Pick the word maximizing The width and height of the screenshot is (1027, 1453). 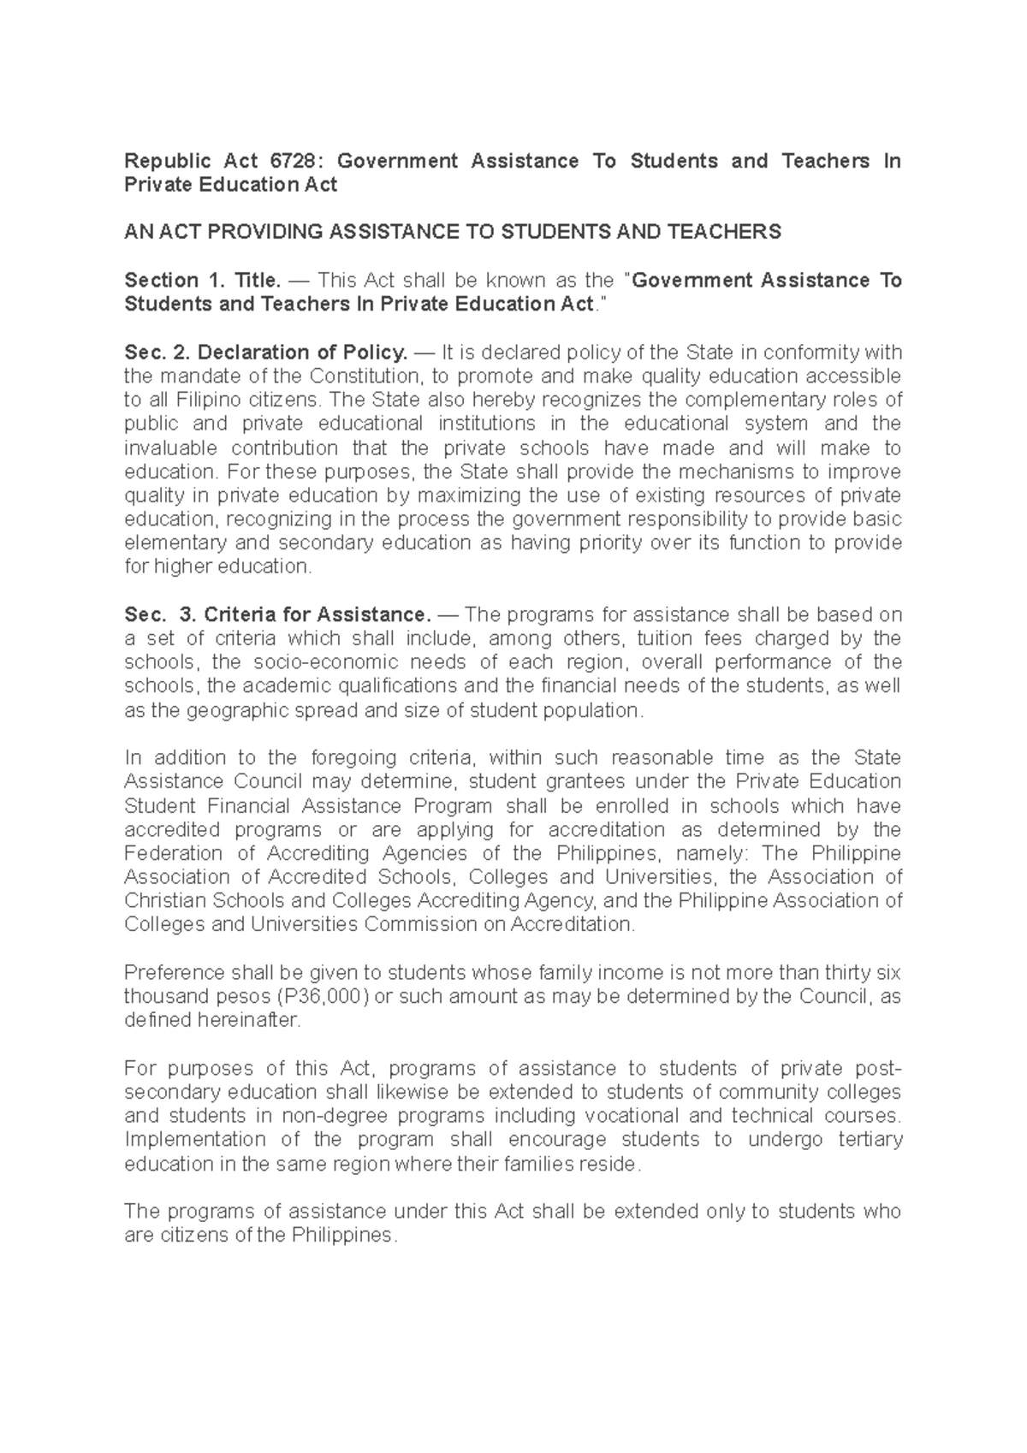[x=472, y=495]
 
